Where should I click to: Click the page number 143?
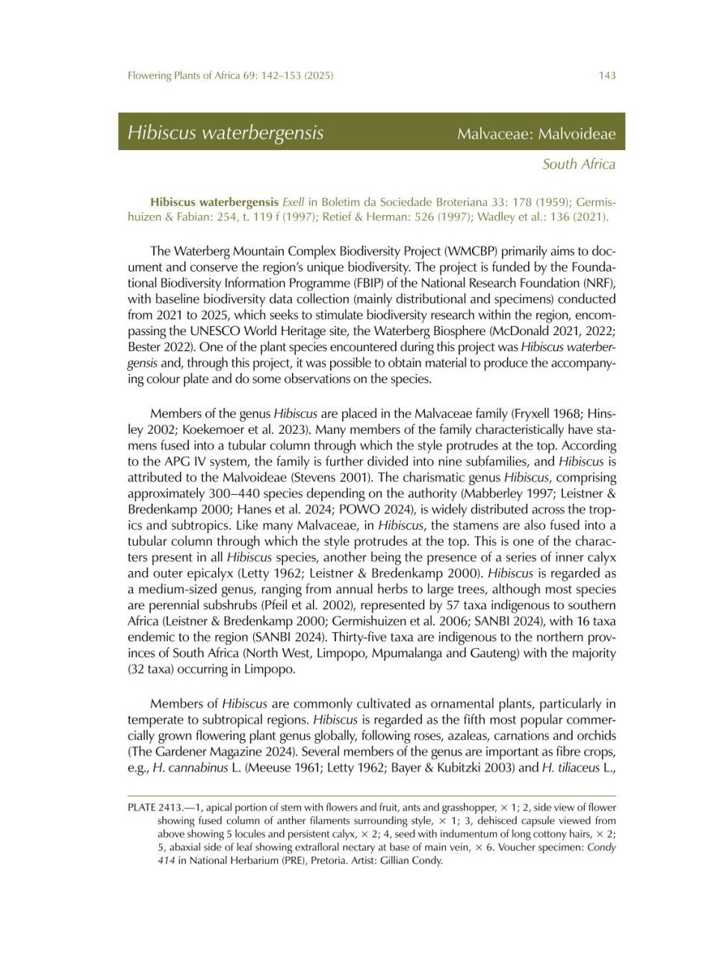point(606,75)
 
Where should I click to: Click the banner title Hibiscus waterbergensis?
point(225,133)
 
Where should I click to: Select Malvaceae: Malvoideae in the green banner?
point(536,134)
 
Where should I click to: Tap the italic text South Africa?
point(579,164)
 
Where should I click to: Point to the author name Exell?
point(294,202)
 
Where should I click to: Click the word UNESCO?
point(267,331)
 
